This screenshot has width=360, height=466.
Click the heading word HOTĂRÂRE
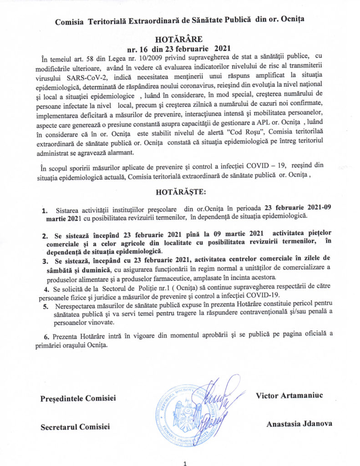[x=179, y=40]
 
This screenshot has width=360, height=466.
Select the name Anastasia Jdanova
[x=299, y=423]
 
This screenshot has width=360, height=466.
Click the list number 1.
[x=45, y=211]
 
